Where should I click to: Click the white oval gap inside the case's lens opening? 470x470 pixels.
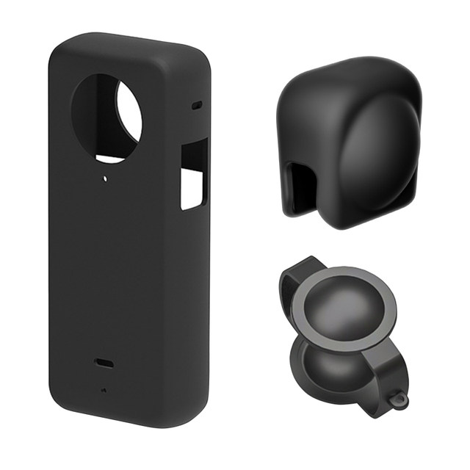[x=129, y=112]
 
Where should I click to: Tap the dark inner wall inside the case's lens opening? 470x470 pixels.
[x=94, y=117]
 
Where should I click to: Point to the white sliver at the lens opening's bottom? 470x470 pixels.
[x=110, y=159]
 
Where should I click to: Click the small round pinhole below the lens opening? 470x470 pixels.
[x=107, y=178]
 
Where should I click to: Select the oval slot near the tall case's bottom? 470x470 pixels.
[x=102, y=363]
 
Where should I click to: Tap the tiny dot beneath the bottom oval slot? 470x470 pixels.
[x=103, y=389]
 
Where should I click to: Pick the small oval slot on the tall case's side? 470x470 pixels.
[x=197, y=106]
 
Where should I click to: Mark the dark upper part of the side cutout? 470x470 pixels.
[x=195, y=154]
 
